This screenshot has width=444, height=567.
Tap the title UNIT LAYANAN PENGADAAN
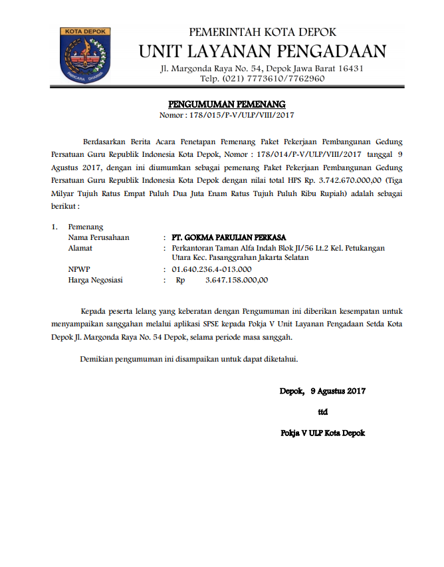coord(263,51)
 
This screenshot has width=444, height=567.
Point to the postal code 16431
coord(348,68)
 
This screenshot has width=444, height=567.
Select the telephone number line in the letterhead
coord(263,78)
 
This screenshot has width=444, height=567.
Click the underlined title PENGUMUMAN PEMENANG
coord(227,104)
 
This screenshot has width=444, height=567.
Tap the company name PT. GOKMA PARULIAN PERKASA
coord(229,237)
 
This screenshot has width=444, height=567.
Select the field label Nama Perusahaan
coord(98,237)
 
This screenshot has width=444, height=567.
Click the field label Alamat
coord(80,248)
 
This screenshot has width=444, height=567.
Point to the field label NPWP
coord(79,269)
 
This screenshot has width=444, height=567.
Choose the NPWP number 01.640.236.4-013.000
coord(211,269)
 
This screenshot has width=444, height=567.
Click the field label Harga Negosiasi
coord(96,280)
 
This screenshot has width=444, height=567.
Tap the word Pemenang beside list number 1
coord(86,227)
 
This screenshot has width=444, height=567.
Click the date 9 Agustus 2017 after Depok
coord(338,391)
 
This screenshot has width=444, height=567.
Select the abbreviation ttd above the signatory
coord(323,411)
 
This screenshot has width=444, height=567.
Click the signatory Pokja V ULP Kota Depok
coord(323,433)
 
